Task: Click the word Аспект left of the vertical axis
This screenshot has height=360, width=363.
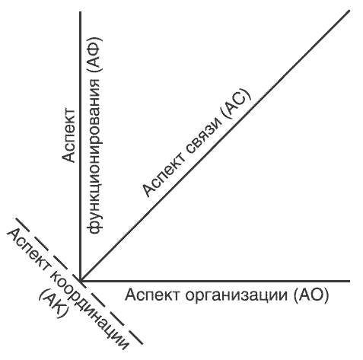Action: coord(68,135)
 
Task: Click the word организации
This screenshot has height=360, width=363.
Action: coord(237,295)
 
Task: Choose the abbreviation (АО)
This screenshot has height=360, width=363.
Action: coord(311,295)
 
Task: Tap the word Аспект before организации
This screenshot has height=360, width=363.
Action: coord(153,295)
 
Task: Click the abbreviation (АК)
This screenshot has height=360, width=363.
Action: coord(54,304)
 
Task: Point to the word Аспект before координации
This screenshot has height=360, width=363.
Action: coord(28,249)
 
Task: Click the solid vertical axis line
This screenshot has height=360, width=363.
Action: coord(80,146)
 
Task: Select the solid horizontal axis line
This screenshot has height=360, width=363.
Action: coord(215,281)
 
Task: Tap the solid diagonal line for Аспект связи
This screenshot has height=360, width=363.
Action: coord(215,146)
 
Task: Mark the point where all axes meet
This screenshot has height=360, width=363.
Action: coord(81,281)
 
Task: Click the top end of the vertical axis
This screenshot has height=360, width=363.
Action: coord(80,12)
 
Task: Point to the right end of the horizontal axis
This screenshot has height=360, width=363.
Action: coord(349,281)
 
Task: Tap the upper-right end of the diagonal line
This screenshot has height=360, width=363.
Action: coord(349,11)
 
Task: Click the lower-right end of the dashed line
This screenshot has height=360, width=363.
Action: coord(142,344)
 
